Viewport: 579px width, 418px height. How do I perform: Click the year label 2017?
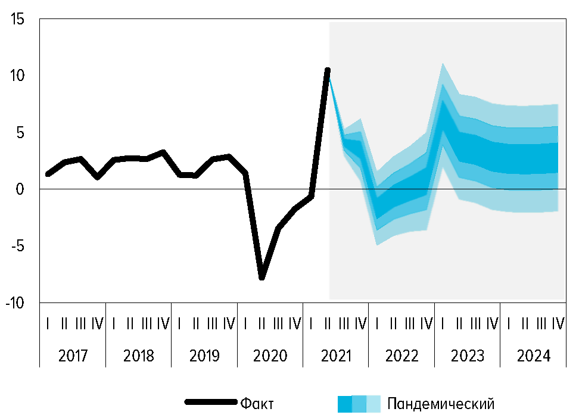coord(73,356)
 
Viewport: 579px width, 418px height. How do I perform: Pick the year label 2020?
coord(270,356)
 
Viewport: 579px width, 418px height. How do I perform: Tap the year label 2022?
coord(401,356)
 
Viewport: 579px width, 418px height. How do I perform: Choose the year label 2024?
coord(533,356)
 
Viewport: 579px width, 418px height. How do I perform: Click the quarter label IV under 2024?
coord(558,323)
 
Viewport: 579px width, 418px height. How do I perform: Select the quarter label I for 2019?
coord(180,323)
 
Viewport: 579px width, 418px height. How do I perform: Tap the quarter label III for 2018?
coord(147,323)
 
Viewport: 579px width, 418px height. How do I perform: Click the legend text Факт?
coord(257,404)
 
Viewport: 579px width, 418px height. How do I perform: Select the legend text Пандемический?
coord(441,404)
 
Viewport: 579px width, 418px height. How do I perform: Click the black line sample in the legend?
coord(210,402)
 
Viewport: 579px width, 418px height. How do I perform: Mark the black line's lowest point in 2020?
coord(262,277)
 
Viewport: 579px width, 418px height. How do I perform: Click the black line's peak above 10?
coord(328,70)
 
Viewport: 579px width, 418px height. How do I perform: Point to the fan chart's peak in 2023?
coord(443,64)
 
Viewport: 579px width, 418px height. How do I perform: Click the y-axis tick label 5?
coord(18,132)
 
